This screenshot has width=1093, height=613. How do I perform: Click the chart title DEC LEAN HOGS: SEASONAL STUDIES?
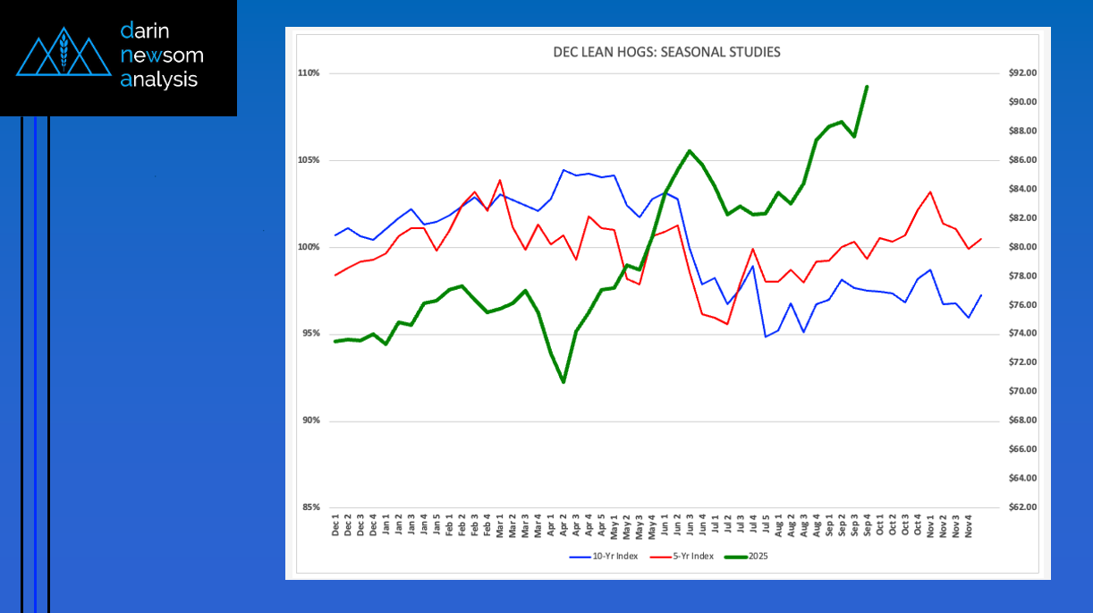coord(666,52)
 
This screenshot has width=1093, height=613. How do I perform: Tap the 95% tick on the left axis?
coord(309,334)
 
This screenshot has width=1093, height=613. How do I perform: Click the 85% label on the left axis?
coord(309,507)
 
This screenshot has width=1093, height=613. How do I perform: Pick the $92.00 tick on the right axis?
coord(1022,73)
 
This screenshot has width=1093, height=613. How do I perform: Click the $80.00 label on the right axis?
coord(1022,247)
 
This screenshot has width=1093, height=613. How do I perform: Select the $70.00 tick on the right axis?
coord(1022,392)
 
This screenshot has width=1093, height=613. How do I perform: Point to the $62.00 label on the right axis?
coord(1022,507)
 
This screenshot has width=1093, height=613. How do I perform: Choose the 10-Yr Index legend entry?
coord(604,557)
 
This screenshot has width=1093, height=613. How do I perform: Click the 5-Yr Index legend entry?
coord(681,557)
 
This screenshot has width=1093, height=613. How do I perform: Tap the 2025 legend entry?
coord(746,557)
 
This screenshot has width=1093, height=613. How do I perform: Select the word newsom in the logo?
coord(162,55)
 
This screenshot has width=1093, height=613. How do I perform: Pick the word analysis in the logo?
coord(158,79)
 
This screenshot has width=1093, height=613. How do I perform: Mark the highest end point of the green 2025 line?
coord(867,87)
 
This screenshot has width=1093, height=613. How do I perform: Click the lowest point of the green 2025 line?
coord(563,382)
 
